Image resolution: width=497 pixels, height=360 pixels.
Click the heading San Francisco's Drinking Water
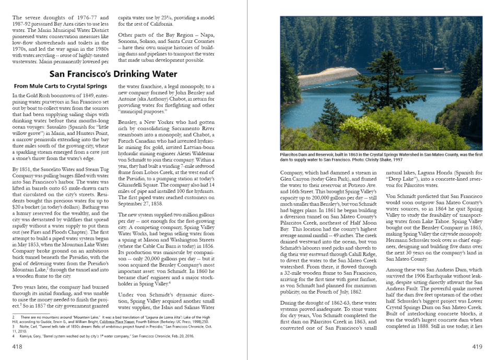pos(113,74)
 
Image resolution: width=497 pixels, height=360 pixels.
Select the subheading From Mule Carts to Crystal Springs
pos(60,86)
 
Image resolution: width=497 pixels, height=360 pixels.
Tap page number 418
pos(17,345)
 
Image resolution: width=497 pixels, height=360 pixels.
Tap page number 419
pos(477,345)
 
